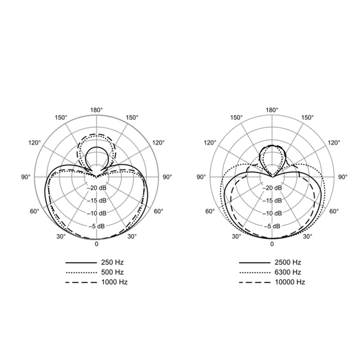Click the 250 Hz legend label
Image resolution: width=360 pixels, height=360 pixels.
tap(112, 262)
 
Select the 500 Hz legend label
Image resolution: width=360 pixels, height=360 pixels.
tap(112, 272)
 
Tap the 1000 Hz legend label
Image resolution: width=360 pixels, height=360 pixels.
tap(114, 282)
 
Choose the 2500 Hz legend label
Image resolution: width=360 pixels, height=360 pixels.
tap(288, 262)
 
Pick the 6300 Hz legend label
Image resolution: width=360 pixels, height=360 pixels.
tap(288, 272)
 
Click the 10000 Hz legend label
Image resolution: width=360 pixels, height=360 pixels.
tap(290, 282)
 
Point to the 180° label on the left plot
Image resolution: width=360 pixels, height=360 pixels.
tap(96, 110)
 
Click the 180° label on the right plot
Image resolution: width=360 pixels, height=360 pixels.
tap(272, 110)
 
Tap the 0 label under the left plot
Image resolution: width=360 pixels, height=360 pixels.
tap(96, 244)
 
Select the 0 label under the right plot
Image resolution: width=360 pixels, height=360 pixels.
tap(272, 244)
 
